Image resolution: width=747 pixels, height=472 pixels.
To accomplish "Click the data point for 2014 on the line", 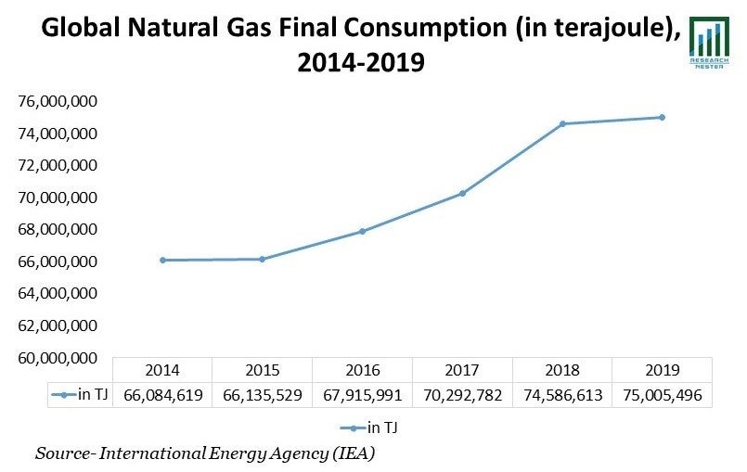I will (x=162, y=261).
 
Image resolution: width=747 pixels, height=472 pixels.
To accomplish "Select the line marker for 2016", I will (x=362, y=231).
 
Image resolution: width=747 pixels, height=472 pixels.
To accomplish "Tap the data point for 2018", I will (x=562, y=123).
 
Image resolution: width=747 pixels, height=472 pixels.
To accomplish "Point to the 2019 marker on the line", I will (x=662, y=117).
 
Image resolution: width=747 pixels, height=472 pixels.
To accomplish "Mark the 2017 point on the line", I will (x=462, y=193).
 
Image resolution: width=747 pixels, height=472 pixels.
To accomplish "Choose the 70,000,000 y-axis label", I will (x=58, y=198).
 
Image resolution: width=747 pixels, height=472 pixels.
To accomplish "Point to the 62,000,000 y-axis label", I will (x=58, y=325).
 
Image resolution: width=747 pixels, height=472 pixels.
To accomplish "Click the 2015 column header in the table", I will (x=263, y=370).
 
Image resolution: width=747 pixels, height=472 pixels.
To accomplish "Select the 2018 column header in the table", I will (x=562, y=370).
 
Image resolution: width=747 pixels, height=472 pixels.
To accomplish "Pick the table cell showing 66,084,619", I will (x=163, y=395).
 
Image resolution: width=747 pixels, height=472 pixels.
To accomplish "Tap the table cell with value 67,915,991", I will (x=363, y=395).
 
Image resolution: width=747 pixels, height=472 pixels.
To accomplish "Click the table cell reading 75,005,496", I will (x=663, y=395).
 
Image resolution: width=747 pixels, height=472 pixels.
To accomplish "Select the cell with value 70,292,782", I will (x=462, y=395).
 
